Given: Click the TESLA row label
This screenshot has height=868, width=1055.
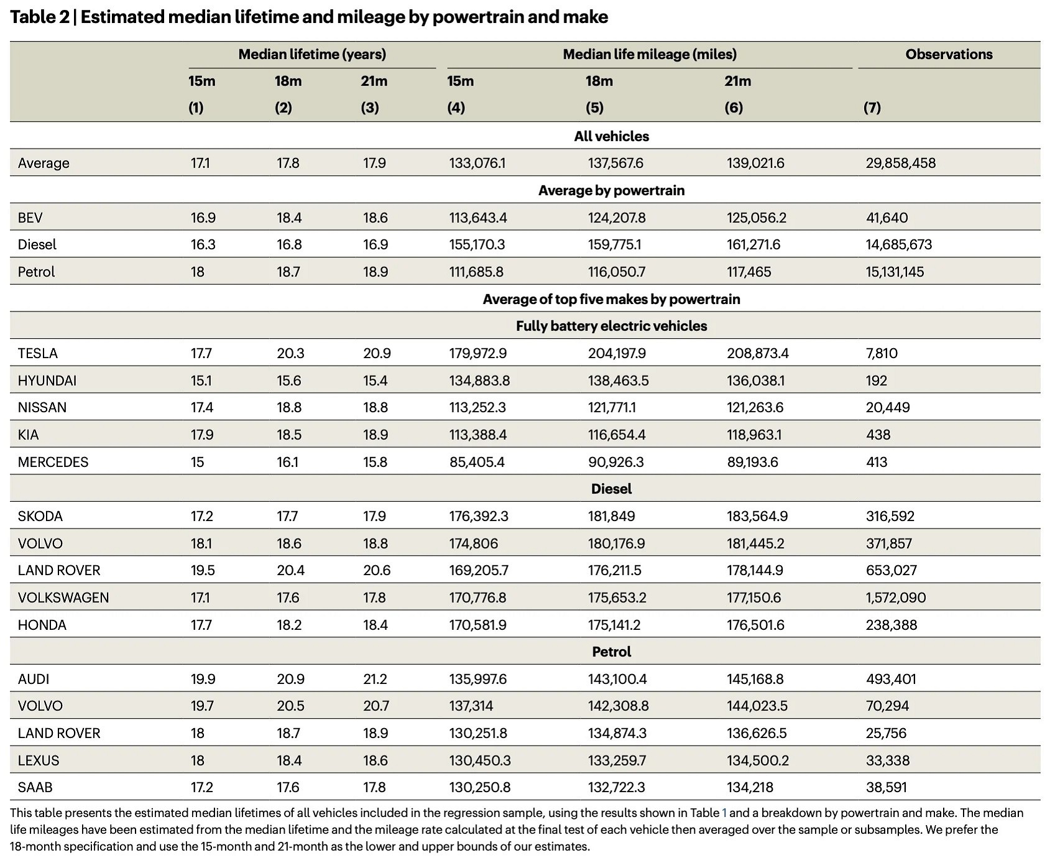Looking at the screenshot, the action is click(37, 353).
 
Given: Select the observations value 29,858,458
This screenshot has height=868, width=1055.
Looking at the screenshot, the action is click(900, 163).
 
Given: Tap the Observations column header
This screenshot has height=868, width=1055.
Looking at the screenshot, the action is click(949, 54).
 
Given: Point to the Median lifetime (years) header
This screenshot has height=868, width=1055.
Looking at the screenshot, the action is click(312, 54).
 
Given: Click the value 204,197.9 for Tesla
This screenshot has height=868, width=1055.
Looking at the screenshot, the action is click(617, 353).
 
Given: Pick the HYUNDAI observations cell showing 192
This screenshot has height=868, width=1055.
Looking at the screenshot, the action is click(876, 381).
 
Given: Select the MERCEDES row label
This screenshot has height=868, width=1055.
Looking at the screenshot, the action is click(53, 462).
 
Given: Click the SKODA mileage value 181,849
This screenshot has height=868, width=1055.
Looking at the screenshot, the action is click(612, 516).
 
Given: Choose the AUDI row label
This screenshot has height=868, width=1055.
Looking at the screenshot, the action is click(34, 679).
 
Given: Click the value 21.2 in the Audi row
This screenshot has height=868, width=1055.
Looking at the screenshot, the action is click(375, 679).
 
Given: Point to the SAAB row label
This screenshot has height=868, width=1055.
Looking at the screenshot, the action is click(35, 787).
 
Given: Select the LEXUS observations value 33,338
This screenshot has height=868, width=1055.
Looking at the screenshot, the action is click(888, 760).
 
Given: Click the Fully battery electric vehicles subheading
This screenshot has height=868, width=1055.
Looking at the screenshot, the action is click(612, 326).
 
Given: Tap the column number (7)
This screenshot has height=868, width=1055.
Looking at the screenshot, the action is click(872, 108).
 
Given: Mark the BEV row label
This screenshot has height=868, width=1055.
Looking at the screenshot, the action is click(30, 218).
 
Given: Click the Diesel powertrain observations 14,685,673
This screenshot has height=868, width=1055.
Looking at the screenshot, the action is click(899, 244).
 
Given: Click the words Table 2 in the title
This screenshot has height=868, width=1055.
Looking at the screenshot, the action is click(40, 17).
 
